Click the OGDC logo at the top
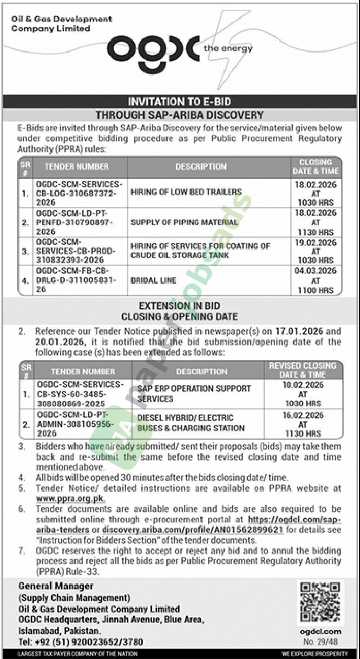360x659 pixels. pos(153,52)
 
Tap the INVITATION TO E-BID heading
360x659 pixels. pos(179,102)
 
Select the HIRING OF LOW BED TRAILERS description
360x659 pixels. pos(186,192)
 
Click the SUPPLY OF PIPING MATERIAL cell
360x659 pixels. pos(184,222)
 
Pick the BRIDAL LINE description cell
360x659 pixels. pos(153,280)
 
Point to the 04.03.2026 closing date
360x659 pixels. pos(315,271)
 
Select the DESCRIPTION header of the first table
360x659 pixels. pos(201,167)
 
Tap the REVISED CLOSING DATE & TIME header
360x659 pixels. pos(302,370)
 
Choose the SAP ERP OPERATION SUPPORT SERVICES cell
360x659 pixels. pos(194,393)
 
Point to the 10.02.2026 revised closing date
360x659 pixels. pos(303,385)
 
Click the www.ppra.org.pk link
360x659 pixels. pos(71,499)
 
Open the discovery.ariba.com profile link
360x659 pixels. pos(192,530)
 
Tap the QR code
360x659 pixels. pos(320,603)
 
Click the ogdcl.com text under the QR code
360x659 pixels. pos(321,632)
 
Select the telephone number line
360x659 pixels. pos(81,642)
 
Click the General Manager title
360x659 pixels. pos(56,586)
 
